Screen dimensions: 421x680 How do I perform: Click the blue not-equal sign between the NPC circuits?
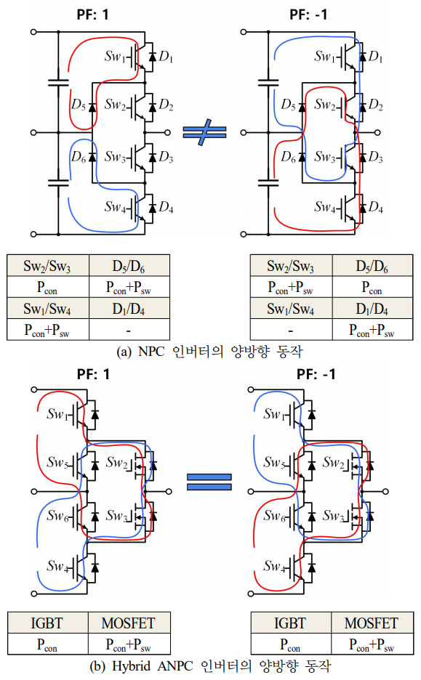204,131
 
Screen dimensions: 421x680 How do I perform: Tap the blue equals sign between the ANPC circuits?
209,482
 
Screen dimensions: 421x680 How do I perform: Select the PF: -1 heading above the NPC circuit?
308,15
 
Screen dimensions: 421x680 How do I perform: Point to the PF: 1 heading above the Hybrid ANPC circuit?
93,374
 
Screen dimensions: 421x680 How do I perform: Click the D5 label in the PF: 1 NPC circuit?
78,105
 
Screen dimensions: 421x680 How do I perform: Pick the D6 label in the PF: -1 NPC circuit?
288,156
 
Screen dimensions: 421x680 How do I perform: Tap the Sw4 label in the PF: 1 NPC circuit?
116,207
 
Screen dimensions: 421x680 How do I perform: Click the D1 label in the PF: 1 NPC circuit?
166,57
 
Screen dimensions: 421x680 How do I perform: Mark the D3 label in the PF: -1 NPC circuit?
376,156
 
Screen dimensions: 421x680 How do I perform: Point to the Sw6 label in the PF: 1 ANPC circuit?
58,515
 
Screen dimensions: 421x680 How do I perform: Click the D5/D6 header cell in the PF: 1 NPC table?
129,265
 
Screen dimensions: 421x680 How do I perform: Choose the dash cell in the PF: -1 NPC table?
291,330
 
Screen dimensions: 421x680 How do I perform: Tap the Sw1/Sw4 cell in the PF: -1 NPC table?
291,308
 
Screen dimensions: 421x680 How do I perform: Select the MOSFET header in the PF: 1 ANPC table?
129,623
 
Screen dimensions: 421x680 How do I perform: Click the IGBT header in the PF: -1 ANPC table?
290,623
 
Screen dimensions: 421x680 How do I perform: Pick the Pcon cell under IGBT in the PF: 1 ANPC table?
47,644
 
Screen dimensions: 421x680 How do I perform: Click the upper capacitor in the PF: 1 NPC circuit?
58,82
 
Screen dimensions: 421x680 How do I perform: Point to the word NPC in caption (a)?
151,351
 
